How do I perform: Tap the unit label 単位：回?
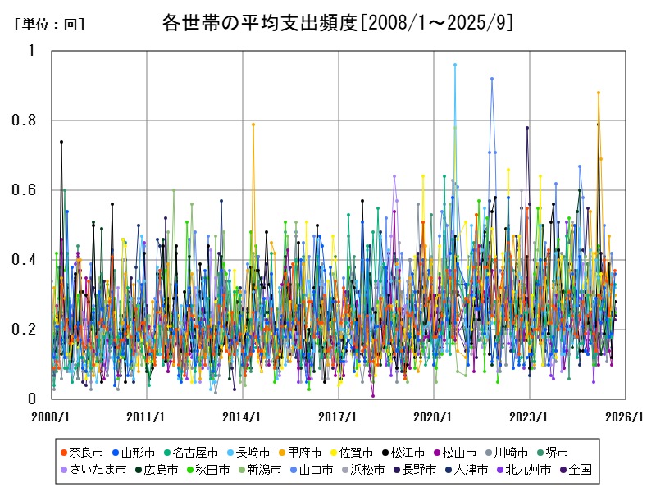pyautogui.click(x=50, y=25)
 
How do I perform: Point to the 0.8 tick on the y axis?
pyautogui.click(x=26, y=121)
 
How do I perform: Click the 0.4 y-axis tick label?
pyautogui.click(x=26, y=260)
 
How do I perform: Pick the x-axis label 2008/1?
pyautogui.click(x=51, y=416)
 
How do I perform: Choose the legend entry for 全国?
pyautogui.click(x=579, y=470)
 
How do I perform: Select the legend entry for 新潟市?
pyautogui.click(x=262, y=470)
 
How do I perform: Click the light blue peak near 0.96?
pyautogui.click(x=455, y=65)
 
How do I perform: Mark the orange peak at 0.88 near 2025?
pyautogui.click(x=599, y=93)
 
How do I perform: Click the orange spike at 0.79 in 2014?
pyautogui.click(x=253, y=125)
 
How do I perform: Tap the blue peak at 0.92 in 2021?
pyautogui.click(x=492, y=79)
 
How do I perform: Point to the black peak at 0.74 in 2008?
pyautogui.click(x=61, y=142)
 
